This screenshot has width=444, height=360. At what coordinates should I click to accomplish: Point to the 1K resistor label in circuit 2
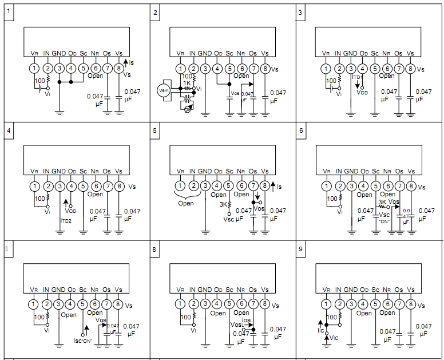[x=187, y=83]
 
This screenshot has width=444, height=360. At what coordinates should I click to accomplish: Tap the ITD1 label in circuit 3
[x=358, y=77]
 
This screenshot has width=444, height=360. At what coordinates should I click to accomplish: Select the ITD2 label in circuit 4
[x=66, y=219]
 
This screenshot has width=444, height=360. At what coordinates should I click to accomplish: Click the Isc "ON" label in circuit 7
[x=84, y=341]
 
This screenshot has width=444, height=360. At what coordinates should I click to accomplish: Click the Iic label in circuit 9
[x=321, y=330]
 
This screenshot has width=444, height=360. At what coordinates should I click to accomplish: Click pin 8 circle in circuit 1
[x=119, y=68]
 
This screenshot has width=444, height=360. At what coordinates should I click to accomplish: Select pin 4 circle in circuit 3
[x=363, y=68]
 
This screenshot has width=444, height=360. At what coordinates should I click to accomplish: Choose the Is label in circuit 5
[x=279, y=186]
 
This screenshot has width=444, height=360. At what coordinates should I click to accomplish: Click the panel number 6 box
[x=301, y=130]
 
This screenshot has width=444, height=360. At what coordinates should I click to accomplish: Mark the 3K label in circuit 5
[x=223, y=204]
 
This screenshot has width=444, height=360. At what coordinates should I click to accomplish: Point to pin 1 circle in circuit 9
[x=326, y=304]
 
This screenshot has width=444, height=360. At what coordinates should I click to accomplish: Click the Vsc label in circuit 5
[x=228, y=219]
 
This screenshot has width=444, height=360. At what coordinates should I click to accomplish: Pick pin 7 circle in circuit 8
[x=253, y=304]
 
